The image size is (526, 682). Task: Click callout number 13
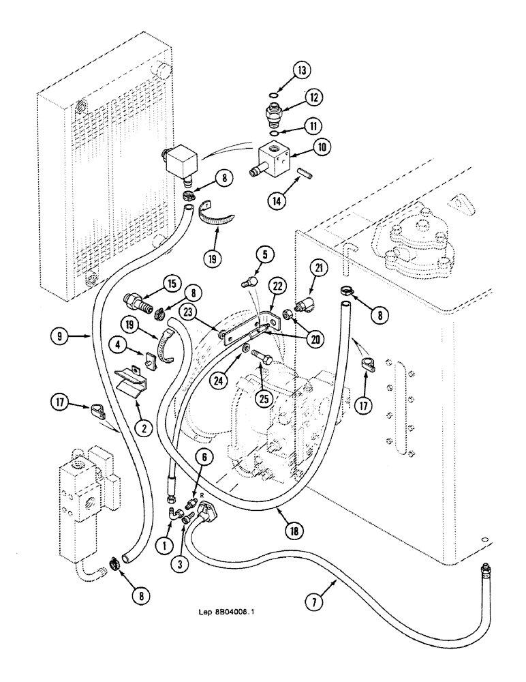click(303, 70)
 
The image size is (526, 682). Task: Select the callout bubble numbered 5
click(266, 255)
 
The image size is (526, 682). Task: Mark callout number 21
click(318, 271)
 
